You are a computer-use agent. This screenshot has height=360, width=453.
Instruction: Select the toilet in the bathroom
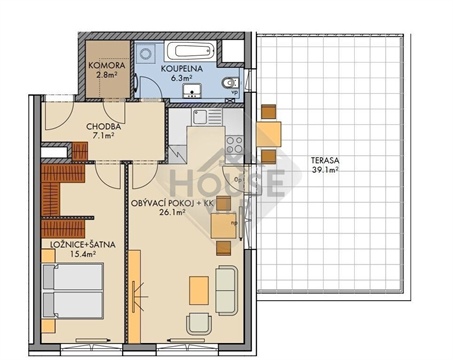click(230, 81)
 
